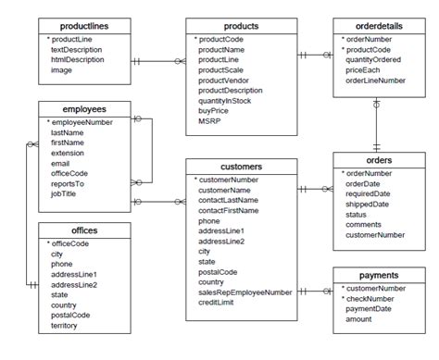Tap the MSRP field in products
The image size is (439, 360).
point(209,120)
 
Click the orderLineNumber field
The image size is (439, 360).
point(375,81)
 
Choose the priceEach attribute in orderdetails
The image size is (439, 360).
point(364,70)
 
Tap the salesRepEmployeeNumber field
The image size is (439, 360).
point(245,292)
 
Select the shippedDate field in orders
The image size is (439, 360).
point(369,204)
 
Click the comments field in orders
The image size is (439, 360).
point(363,224)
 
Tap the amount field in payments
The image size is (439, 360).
point(359,318)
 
